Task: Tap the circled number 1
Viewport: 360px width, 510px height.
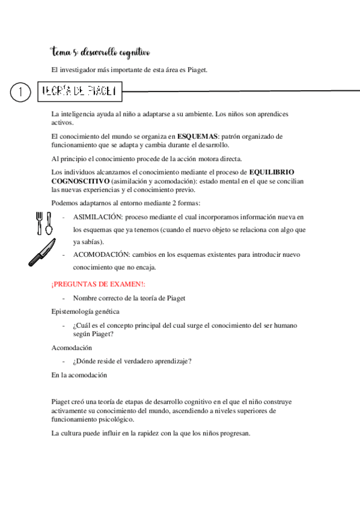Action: tap(21, 91)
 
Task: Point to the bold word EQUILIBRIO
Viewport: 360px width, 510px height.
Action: tap(272, 172)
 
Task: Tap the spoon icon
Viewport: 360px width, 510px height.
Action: tap(49, 223)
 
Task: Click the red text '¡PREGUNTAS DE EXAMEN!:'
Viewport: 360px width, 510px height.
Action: tap(90, 284)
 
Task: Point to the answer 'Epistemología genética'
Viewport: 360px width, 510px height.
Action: tap(85, 312)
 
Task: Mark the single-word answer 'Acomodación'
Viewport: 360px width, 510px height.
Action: tap(72, 348)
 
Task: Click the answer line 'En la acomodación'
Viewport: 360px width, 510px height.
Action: tap(79, 375)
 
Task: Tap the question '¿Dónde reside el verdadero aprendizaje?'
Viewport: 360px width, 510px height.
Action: tap(132, 361)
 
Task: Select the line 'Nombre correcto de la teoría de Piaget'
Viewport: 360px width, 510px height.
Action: tap(129, 298)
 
